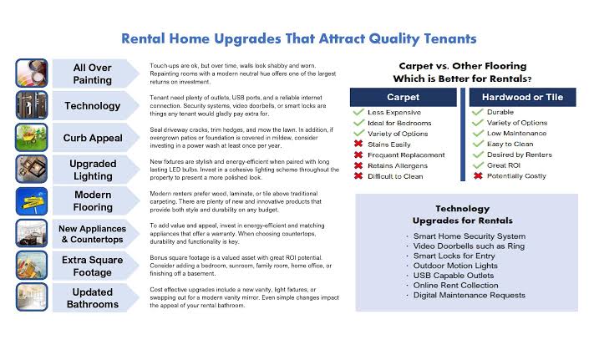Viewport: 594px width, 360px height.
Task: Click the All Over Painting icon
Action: click(x=32, y=73)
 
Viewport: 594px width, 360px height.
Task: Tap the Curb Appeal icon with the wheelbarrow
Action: click(x=32, y=138)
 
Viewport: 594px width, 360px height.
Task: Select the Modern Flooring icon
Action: click(x=32, y=201)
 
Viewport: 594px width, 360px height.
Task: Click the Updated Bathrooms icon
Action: click(x=32, y=297)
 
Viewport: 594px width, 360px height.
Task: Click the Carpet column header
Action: click(x=403, y=97)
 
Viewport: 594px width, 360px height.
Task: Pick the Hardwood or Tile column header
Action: click(x=522, y=97)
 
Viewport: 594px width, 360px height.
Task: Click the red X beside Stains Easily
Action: click(x=358, y=144)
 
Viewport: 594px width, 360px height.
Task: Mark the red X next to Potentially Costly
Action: click(x=478, y=175)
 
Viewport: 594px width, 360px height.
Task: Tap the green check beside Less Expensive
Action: click(x=358, y=112)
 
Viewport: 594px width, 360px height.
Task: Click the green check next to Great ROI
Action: click(x=478, y=165)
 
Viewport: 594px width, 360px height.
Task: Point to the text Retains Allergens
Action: click(x=398, y=166)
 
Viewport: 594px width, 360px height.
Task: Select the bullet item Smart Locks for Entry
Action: click(x=454, y=256)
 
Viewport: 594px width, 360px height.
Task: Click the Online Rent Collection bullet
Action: click(x=455, y=286)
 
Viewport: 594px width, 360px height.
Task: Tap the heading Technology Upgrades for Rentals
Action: click(x=463, y=215)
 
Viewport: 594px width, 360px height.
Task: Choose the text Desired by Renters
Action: click(x=520, y=155)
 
